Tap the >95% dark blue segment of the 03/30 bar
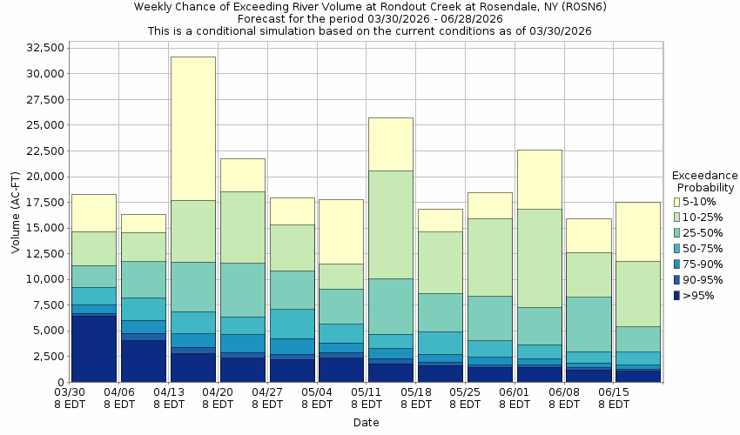coord(93,349)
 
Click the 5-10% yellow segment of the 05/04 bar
coord(341,231)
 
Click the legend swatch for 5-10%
coord(676,202)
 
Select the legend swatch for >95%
coord(676,296)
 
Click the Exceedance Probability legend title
coord(705,181)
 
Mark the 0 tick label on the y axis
coord(60,382)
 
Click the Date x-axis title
coord(366,423)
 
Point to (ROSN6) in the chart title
coord(580,7)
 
